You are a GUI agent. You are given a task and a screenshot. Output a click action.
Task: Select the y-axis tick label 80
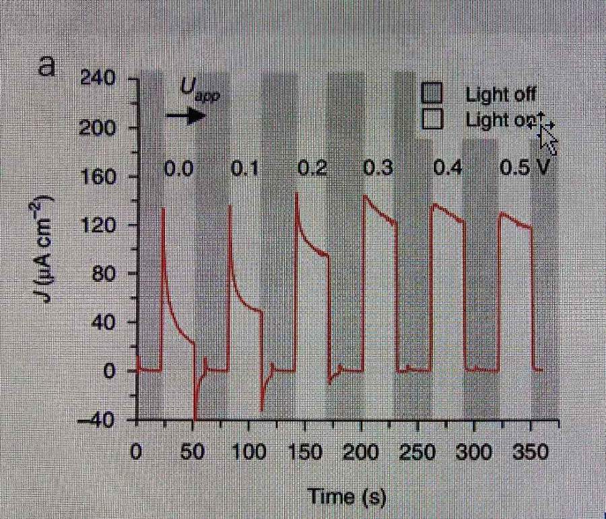click(104, 274)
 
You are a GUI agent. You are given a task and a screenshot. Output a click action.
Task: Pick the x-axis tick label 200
click(362, 451)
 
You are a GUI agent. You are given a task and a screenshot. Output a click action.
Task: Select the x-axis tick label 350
click(531, 451)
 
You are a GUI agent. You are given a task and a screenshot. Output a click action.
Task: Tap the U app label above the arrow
click(200, 89)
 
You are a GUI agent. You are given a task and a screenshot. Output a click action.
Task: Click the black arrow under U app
click(187, 115)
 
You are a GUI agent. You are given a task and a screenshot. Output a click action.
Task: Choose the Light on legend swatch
click(432, 119)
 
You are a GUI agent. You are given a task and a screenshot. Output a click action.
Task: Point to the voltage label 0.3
click(378, 168)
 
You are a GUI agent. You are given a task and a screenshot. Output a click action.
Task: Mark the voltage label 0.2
click(312, 168)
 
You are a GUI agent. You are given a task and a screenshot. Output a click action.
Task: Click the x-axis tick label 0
click(136, 451)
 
